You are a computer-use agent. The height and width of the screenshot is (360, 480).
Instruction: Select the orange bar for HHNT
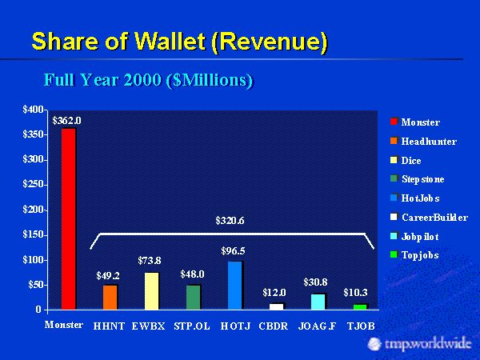click(x=110, y=296)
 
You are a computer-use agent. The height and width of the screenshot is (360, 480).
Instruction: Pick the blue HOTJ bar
click(x=234, y=285)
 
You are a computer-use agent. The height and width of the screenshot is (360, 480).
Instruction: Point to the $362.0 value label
click(x=66, y=121)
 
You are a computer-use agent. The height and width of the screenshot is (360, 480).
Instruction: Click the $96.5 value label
click(x=233, y=250)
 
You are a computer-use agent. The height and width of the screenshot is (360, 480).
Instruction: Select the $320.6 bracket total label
click(x=233, y=220)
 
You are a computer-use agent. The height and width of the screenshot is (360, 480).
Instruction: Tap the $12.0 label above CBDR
click(x=274, y=293)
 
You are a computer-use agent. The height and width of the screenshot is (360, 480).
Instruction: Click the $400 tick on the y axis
click(x=33, y=110)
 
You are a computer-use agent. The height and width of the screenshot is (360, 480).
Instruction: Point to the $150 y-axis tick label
click(x=33, y=234)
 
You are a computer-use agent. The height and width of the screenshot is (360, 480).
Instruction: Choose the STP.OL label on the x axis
click(x=193, y=326)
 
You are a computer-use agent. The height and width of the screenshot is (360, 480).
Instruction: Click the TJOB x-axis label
click(x=360, y=326)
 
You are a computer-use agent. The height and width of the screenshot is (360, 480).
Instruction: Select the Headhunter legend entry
click(x=429, y=142)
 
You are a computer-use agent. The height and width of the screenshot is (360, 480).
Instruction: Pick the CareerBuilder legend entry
click(x=434, y=217)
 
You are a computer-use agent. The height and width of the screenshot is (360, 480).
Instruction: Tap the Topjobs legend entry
click(x=420, y=255)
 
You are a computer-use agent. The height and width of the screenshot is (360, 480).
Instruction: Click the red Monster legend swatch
click(x=393, y=122)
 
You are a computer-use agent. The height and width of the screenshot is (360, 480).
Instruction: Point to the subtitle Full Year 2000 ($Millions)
click(x=148, y=80)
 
